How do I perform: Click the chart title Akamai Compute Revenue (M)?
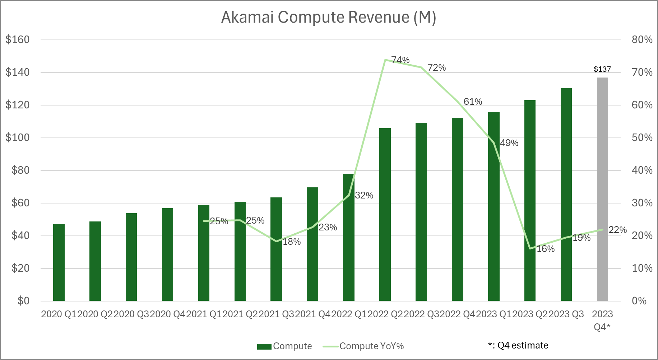pyautogui.click(x=329, y=17)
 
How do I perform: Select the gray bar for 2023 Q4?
pyautogui.click(x=602, y=189)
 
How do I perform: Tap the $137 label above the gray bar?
pyautogui.click(x=602, y=69)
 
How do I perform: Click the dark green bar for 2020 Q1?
pyautogui.click(x=59, y=262)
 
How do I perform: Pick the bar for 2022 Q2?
pyautogui.click(x=385, y=214)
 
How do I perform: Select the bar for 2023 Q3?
pyautogui.click(x=566, y=195)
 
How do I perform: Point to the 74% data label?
pyautogui.click(x=400, y=60)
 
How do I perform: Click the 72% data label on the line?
pyautogui.click(x=437, y=67)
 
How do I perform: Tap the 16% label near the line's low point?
pyautogui.click(x=546, y=249)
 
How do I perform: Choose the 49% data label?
pyautogui.click(x=509, y=143)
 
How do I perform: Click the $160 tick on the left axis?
pyautogui.click(x=18, y=39)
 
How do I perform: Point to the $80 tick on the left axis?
pyautogui.click(x=20, y=170)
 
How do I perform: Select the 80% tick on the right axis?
pyautogui.click(x=642, y=39)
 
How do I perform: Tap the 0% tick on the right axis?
pyautogui.click(x=639, y=301)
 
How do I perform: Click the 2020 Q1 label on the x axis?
pyautogui.click(x=59, y=314)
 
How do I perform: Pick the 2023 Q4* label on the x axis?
pyautogui.click(x=602, y=321)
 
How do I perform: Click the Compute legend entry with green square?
pyautogui.click(x=284, y=346)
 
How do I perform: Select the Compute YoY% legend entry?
pyautogui.click(x=363, y=346)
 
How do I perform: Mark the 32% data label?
pyautogui.click(x=364, y=195)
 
